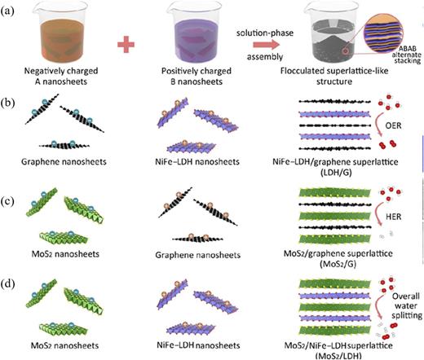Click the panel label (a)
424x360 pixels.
point(10,7)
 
